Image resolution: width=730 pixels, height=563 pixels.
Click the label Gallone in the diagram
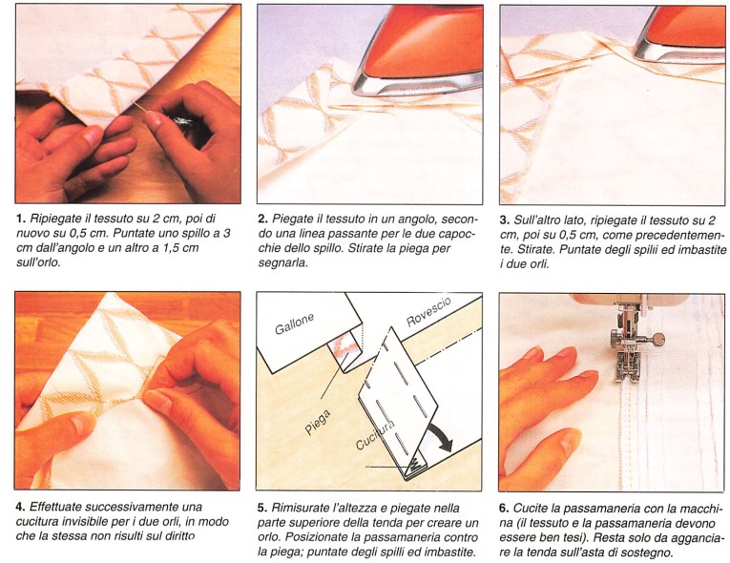point(294,323)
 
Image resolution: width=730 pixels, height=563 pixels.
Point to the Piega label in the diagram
point(318,422)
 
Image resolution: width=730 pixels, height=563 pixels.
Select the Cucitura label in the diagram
point(375,435)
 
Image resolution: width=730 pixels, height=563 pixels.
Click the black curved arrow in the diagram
point(442,437)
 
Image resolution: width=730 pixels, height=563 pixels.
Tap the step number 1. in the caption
point(20,219)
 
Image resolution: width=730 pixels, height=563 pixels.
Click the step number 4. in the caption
point(20,507)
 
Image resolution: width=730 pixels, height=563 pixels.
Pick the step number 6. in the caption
point(504,508)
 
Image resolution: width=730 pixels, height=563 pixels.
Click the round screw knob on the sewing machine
point(658,339)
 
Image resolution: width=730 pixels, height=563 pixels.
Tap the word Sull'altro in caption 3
point(535,219)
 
